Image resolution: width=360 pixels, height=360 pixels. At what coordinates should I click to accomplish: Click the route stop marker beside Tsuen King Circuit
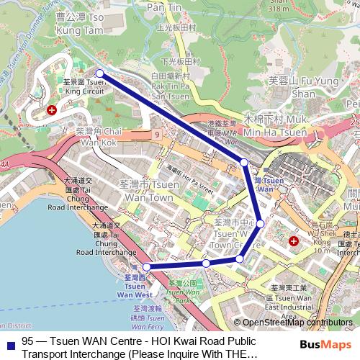tap(99, 73)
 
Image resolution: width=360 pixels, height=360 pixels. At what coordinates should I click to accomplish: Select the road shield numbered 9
tap(156, 134)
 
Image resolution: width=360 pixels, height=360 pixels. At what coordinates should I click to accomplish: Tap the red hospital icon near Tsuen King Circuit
tap(52, 110)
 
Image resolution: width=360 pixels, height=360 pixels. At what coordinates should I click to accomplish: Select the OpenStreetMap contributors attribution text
tap(297, 323)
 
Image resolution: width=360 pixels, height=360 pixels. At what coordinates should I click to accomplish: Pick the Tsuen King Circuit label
tap(84, 87)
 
